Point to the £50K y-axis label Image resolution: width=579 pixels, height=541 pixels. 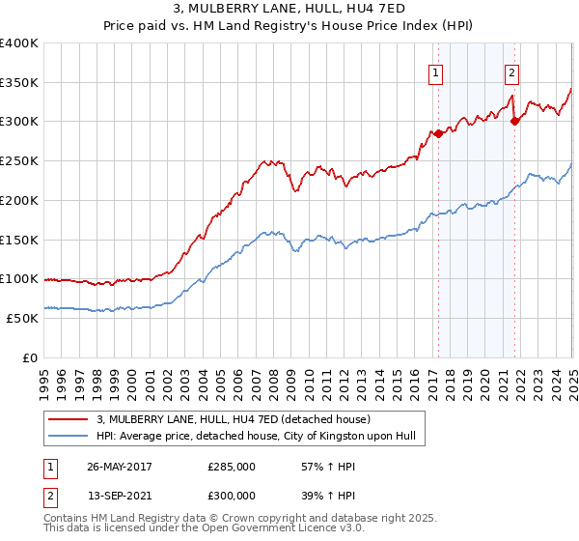pos(22,318)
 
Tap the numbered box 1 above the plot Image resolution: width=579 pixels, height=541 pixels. pos(436,71)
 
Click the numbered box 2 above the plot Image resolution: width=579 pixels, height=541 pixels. pos(511,71)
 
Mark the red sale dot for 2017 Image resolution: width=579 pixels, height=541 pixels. pos(439,133)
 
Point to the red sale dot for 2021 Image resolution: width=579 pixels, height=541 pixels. pos(515,121)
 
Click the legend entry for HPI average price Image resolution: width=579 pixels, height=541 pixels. pos(255,437)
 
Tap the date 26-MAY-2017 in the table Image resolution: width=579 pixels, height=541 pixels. pos(121,466)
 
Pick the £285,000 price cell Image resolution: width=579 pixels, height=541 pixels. pos(232,466)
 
